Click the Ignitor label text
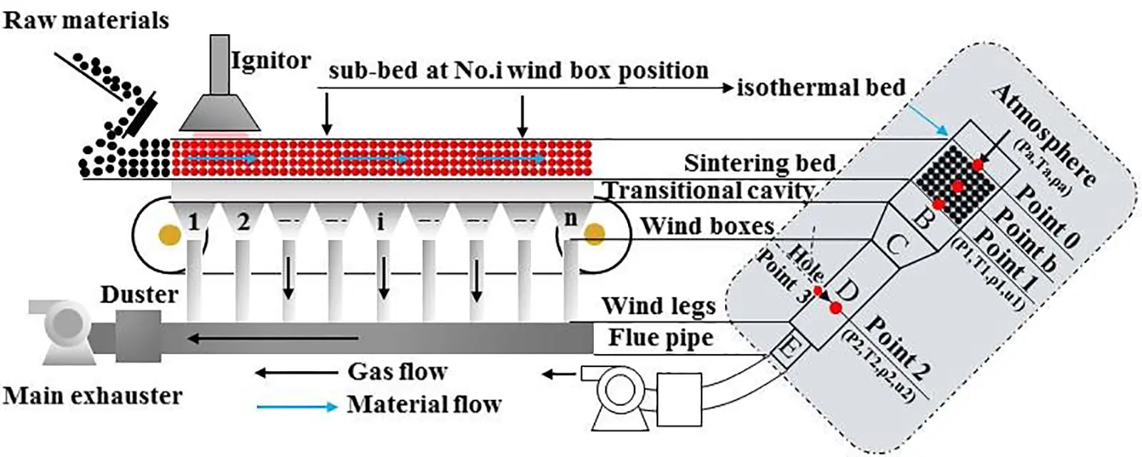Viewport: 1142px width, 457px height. (x=271, y=61)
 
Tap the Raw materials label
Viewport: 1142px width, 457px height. (x=86, y=20)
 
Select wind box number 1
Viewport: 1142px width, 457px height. (x=193, y=221)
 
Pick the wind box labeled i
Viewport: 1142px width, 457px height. (x=380, y=221)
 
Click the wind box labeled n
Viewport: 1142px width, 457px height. (x=570, y=219)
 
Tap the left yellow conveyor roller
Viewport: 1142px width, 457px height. (x=169, y=235)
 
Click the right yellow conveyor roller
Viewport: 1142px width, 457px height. (x=594, y=233)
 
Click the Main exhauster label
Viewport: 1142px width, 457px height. (x=93, y=396)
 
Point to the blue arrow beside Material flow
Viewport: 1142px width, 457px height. (x=296, y=407)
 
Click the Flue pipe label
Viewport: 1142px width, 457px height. (x=660, y=338)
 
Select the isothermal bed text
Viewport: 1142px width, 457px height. (x=821, y=88)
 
